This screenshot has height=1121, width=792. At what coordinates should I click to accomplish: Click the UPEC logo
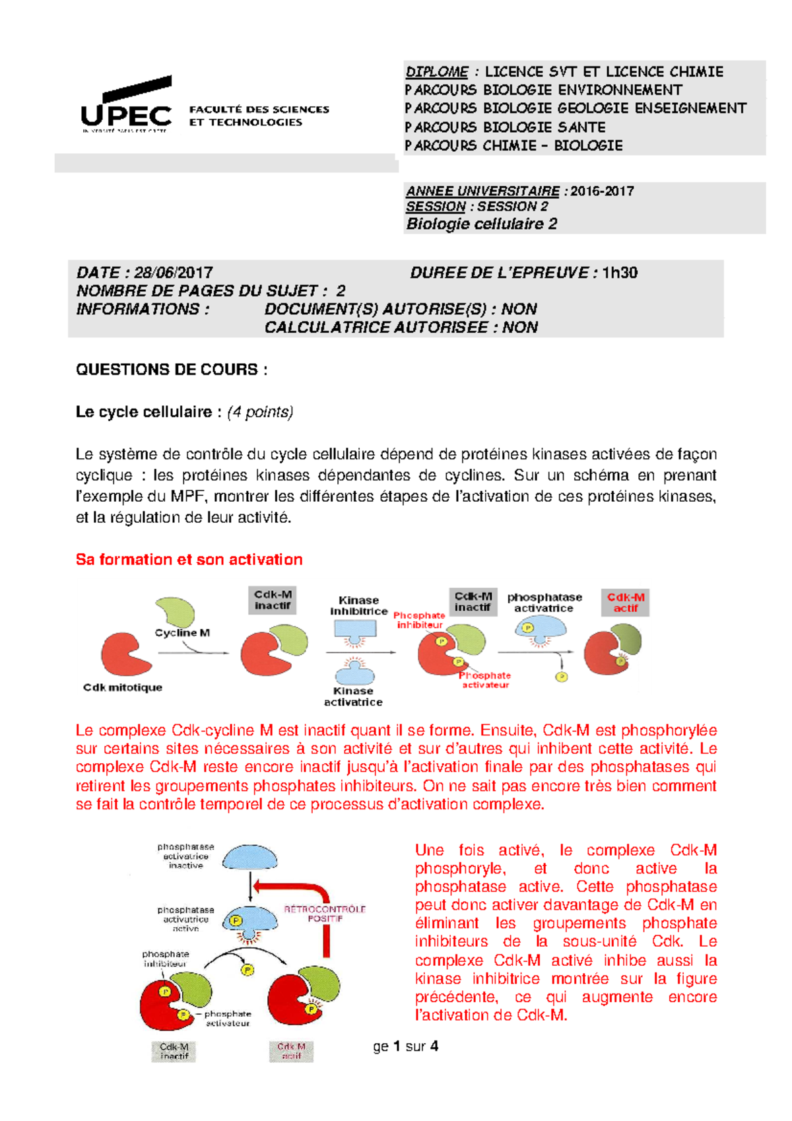[x=126, y=106]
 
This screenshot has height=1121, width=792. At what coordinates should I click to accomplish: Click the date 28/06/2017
[x=173, y=273]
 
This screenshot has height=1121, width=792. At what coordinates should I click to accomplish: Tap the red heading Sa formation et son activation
[x=189, y=560]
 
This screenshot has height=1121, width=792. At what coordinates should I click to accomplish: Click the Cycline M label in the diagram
[x=182, y=632]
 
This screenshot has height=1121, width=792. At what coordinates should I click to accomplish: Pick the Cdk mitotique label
[x=123, y=687]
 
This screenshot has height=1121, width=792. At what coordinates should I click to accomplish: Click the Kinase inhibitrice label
[x=358, y=605]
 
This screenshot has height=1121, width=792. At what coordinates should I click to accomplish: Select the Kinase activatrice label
[x=353, y=696]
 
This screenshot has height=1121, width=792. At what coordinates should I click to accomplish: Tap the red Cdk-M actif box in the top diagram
[x=625, y=602]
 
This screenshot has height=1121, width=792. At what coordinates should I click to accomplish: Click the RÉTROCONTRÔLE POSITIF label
[x=325, y=914]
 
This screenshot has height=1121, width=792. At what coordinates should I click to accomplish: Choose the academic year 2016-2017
[x=602, y=191]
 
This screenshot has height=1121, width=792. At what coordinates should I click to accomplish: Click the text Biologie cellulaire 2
[x=481, y=224]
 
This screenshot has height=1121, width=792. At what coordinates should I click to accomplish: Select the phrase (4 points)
[x=260, y=412]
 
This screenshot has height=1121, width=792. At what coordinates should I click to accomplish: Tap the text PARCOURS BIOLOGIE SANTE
[x=505, y=127]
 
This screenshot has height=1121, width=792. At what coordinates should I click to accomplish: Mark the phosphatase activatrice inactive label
[x=185, y=856]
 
